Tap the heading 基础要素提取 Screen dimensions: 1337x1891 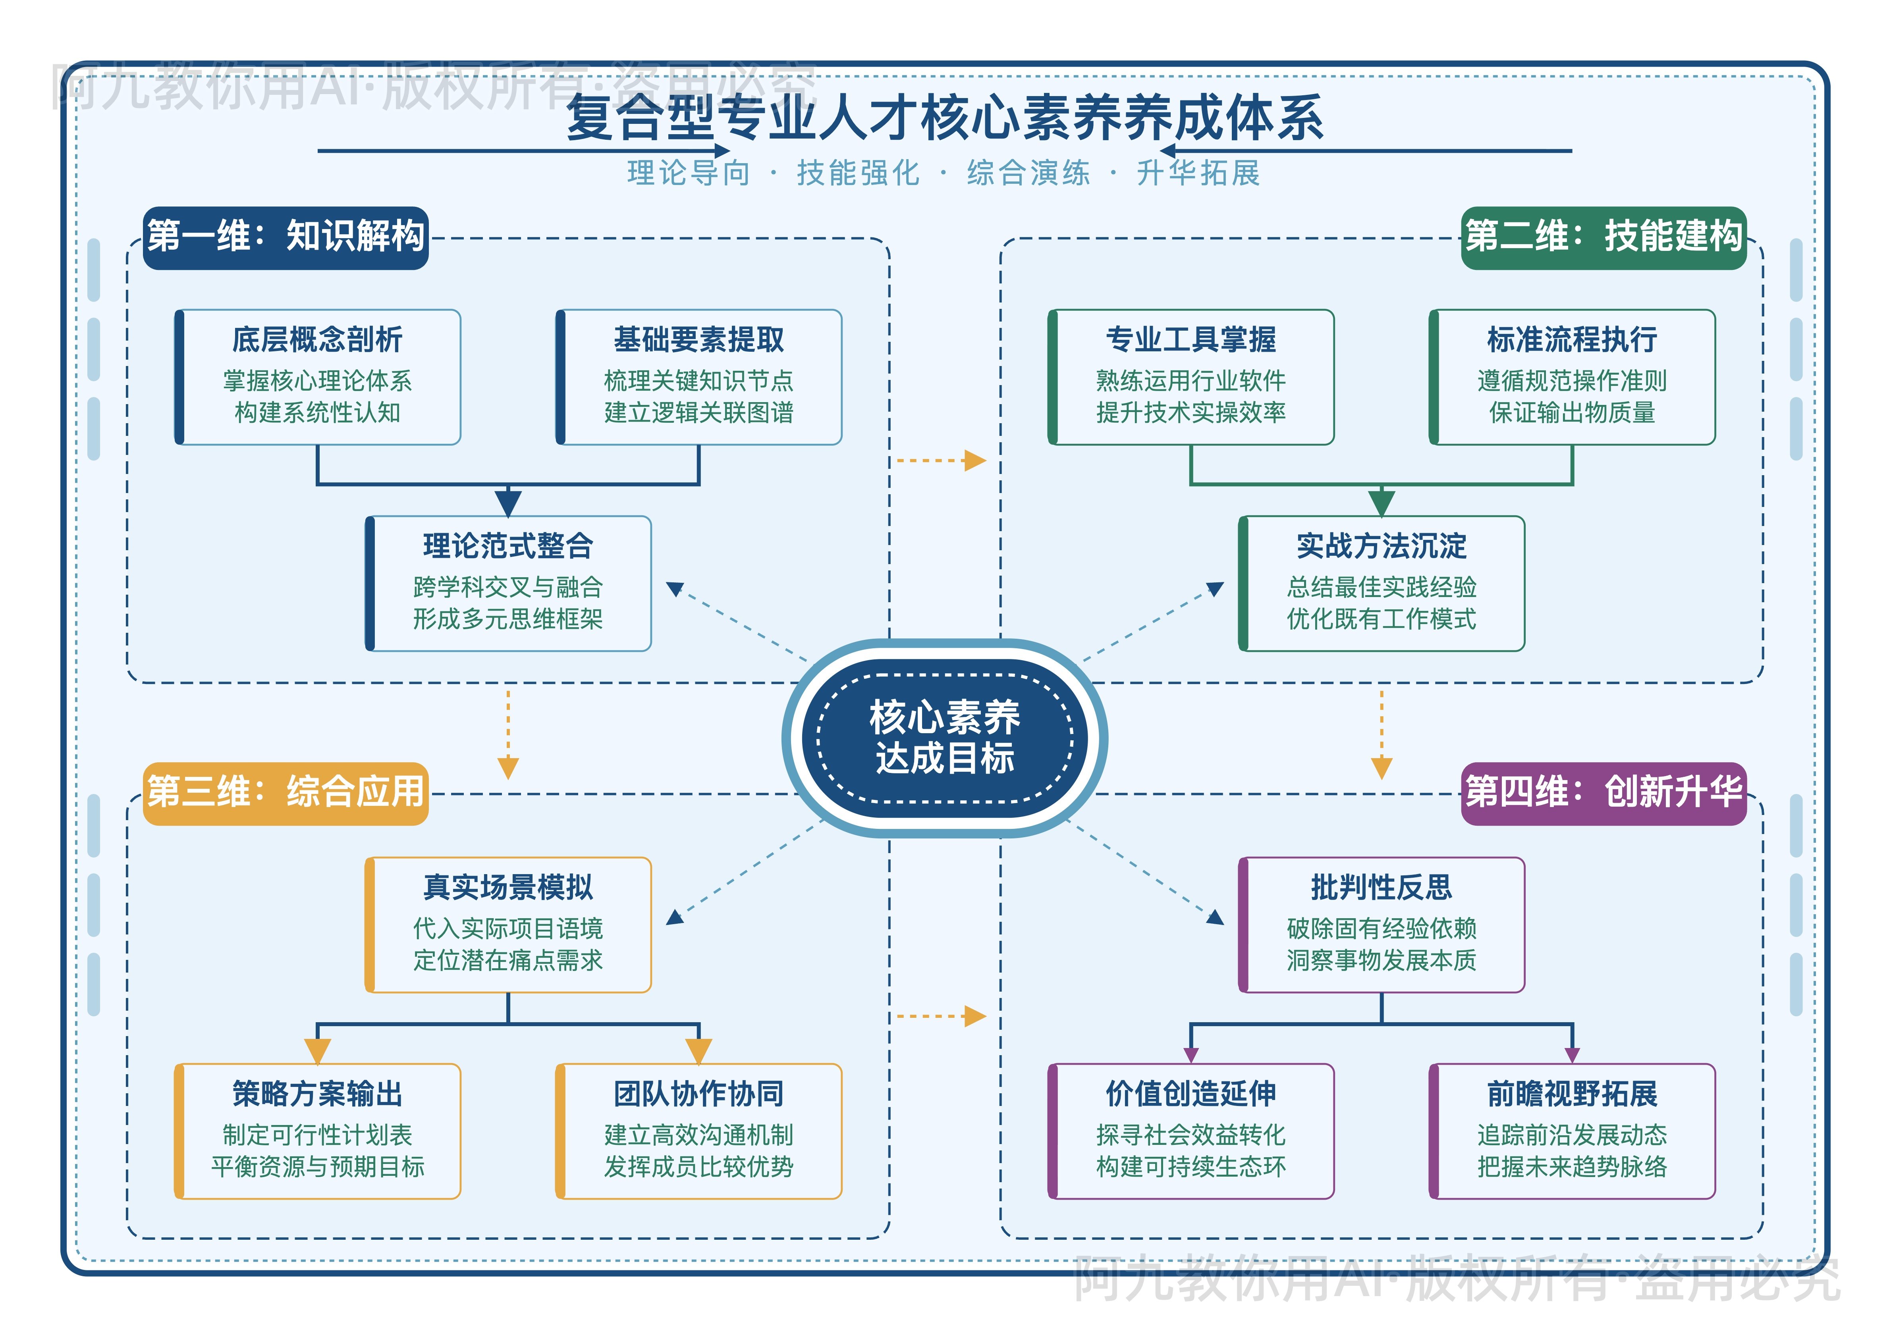coord(699,339)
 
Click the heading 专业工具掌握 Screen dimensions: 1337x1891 coord(1191,339)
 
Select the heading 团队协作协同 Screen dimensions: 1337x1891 coord(699,1094)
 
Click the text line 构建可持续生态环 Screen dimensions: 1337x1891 coord(1191,1167)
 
